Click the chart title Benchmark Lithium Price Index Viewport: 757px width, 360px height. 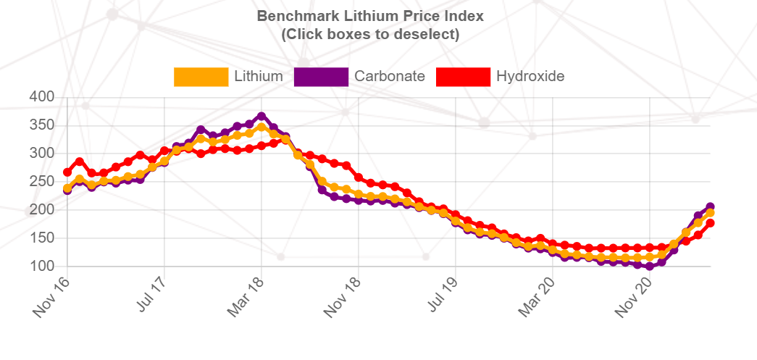pos(370,16)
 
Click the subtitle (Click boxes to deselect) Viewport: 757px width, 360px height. pos(370,34)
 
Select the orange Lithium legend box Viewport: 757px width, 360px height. pos(201,77)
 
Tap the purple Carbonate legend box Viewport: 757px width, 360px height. pos(321,77)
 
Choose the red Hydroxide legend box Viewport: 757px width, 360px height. pos(463,77)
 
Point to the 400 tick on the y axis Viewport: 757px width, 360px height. pos(41,97)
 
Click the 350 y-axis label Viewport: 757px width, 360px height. pos(41,125)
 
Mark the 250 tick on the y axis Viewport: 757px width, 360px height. pos(41,182)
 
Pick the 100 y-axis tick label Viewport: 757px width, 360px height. pos(41,266)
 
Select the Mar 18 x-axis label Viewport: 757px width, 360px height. pos(245,296)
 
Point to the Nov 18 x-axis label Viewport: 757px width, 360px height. pos(342,296)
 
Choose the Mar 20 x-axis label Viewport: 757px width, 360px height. pos(536,296)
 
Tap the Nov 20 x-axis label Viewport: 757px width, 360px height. pos(633,296)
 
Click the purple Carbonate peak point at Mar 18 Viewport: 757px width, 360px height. pos(262,117)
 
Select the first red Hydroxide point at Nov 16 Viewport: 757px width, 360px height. pos(67,172)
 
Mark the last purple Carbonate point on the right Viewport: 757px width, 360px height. pos(711,207)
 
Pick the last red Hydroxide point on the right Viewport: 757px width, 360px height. pos(711,223)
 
